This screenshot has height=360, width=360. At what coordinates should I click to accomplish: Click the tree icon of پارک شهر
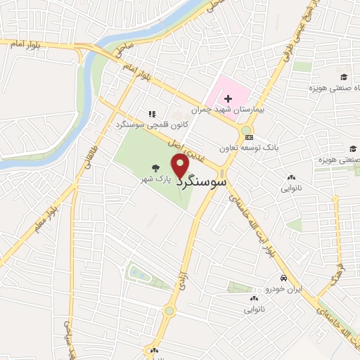[153, 169]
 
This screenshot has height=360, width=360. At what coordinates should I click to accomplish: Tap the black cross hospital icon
[228, 98]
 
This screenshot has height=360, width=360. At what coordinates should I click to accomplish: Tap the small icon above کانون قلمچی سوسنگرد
[150, 112]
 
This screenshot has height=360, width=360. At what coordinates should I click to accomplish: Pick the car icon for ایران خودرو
[282, 278]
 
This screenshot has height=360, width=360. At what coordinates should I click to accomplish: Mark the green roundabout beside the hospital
[247, 129]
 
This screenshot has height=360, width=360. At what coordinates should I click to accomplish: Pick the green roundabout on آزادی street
[168, 311]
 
